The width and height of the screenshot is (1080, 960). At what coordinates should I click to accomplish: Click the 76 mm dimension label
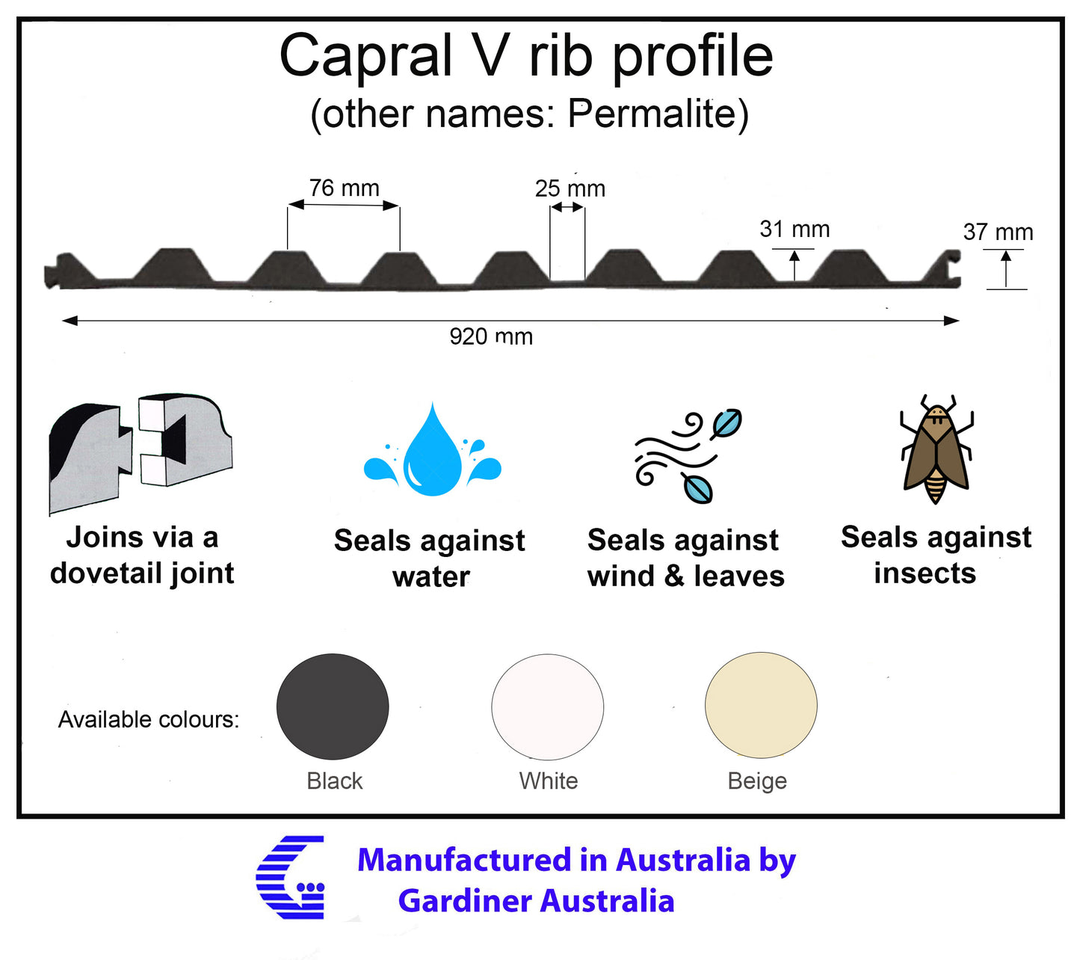pos(344,188)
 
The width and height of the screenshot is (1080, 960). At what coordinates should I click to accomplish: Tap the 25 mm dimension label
pos(570,188)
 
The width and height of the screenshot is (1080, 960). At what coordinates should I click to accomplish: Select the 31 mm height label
pos(794,229)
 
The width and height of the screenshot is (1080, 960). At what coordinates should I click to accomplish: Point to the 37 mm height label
pos(997,232)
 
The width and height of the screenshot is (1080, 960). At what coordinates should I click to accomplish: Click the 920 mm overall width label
pos(490,336)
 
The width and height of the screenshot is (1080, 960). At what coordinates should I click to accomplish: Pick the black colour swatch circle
pos(333,707)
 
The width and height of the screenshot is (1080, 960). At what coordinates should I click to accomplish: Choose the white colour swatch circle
pos(547,707)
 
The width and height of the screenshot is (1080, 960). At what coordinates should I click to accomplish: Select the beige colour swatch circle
pos(761,705)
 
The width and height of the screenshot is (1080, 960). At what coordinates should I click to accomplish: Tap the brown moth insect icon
pos(936,450)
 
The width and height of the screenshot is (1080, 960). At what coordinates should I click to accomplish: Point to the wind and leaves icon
pos(688,456)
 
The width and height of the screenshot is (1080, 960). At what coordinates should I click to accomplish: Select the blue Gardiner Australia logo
pos(291,878)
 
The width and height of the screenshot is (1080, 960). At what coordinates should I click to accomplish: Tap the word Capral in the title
pos(365,56)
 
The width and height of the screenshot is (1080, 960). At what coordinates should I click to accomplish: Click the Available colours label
pos(149,719)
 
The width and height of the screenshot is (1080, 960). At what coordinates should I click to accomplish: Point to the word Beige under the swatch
pos(757,781)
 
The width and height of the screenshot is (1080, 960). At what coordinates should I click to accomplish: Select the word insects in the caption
pos(925,573)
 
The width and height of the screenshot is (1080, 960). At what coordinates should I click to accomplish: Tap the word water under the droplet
pos(431,577)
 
